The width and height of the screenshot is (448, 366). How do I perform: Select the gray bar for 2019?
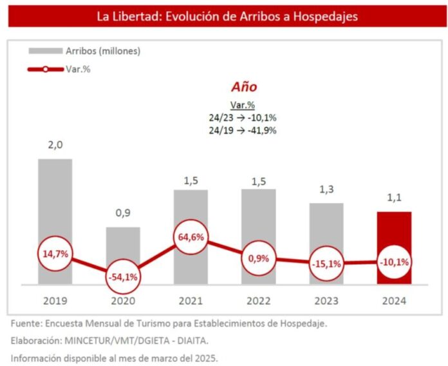pyautogui.click(x=55, y=200)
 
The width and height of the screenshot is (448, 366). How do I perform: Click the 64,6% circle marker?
pyautogui.click(x=191, y=237)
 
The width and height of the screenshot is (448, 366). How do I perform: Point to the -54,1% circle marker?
pyautogui.click(x=123, y=277)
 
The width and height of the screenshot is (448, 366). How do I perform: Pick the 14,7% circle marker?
pyautogui.click(x=55, y=254)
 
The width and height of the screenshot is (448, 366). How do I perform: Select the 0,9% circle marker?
pyautogui.click(x=259, y=258)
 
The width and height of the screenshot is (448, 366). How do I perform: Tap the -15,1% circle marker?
pyautogui.click(x=326, y=264)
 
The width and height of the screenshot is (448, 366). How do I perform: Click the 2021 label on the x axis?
pyautogui.click(x=191, y=301)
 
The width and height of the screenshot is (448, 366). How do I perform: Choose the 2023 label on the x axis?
pyautogui.click(x=326, y=301)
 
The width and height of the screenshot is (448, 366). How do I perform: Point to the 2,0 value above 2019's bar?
pyautogui.click(x=55, y=145)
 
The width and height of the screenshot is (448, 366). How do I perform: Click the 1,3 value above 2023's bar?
pyautogui.click(x=326, y=189)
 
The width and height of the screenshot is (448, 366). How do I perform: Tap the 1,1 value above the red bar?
pyautogui.click(x=395, y=198)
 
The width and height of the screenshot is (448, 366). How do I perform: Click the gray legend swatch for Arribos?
pyautogui.click(x=46, y=51)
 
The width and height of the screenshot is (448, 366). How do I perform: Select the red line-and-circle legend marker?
pyautogui.click(x=46, y=69)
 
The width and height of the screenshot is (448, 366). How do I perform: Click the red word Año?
pyautogui.click(x=244, y=87)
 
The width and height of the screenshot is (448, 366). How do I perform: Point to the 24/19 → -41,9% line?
pyautogui.click(x=243, y=130)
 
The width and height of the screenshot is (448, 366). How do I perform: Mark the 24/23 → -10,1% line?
pyautogui.click(x=243, y=118)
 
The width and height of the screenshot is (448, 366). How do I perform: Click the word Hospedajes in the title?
pyautogui.click(x=326, y=17)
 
